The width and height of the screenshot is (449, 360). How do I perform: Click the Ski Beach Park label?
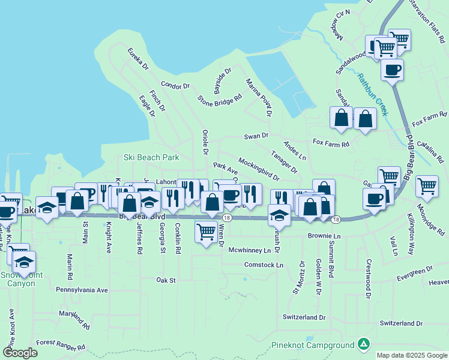click(x=151, y=158)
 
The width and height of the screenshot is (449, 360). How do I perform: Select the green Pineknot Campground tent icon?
click(x=363, y=344)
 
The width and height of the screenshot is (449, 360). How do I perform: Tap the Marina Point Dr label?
click(x=259, y=97)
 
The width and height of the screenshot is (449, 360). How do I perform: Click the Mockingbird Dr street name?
click(x=259, y=169)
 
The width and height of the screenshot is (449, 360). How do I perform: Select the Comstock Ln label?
click(x=264, y=265)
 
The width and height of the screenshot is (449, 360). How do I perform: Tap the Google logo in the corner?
click(x=20, y=353)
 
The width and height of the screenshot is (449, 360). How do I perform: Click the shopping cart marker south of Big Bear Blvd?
click(x=206, y=230)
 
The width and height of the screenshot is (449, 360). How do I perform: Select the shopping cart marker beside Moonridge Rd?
click(x=427, y=186)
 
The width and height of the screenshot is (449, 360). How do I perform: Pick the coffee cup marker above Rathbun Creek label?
click(x=392, y=70)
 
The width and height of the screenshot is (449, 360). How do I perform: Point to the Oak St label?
click(x=166, y=280)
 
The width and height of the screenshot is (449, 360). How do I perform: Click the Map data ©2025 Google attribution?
click(x=412, y=355)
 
